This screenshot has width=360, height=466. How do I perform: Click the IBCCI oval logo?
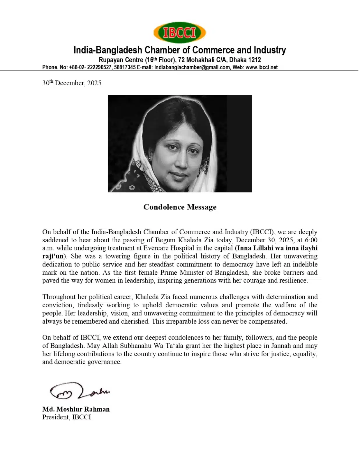(179, 33)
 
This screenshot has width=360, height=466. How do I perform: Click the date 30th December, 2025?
(72, 83)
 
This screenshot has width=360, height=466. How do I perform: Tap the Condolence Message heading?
(180, 207)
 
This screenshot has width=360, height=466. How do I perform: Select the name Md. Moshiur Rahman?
(76, 409)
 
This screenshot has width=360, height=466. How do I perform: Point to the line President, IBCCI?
(66, 417)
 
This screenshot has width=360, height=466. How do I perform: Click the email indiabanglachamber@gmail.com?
(192, 67)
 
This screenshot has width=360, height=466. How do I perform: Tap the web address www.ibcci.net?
(262, 67)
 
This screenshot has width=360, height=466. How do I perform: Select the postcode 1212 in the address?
(254, 60)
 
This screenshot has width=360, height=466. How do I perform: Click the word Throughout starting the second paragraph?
(59, 297)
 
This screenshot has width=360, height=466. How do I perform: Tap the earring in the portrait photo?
(151, 158)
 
